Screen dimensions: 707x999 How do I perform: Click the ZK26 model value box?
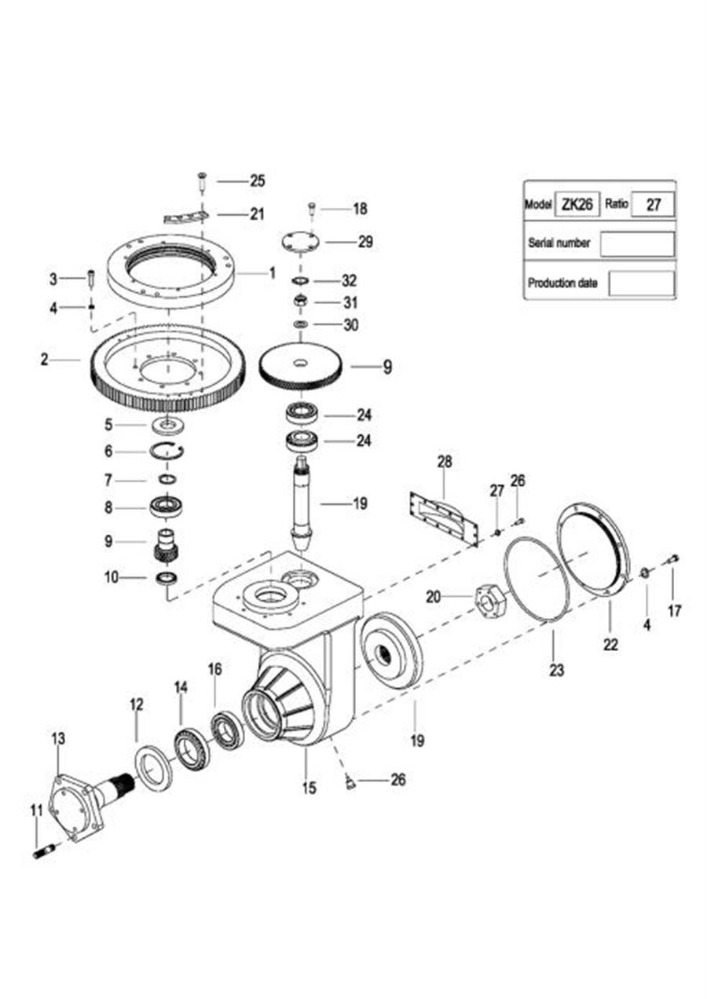tap(577, 204)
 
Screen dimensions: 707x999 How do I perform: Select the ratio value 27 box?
tap(653, 205)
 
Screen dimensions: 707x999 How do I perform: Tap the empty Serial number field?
tap(637, 243)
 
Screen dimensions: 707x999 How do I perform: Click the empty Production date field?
tap(642, 283)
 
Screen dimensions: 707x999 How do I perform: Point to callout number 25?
tap(257, 181)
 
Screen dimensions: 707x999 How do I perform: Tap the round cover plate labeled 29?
tap(301, 242)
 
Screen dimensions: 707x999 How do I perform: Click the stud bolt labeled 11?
tap(44, 853)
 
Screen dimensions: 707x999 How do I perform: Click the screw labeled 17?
tap(673, 558)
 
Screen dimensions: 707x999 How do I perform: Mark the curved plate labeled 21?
tap(185, 218)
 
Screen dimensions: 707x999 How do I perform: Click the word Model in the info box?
tap(538, 204)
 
